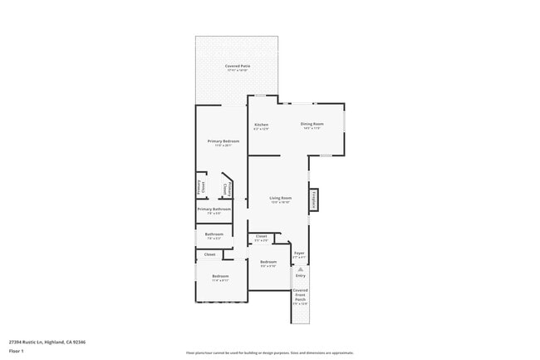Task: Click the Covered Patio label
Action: [x=238, y=66]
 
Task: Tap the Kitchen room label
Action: [x=261, y=125]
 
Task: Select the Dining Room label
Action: [x=312, y=124]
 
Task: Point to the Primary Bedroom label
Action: [x=223, y=141]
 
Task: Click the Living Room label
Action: [x=280, y=198]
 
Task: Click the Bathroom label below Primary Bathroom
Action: [x=214, y=234]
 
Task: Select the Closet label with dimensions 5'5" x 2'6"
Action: [x=261, y=237]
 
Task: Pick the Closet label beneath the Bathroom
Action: [x=209, y=254]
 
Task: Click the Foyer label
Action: [x=299, y=253]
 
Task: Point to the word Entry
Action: [x=301, y=275]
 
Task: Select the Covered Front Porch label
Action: [x=301, y=295]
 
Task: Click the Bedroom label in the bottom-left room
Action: [x=220, y=276]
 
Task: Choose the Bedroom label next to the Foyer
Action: [x=268, y=262]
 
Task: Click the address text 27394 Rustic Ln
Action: [x=47, y=342]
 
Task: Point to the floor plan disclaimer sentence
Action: [x=270, y=353]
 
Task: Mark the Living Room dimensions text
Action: [x=280, y=202]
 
